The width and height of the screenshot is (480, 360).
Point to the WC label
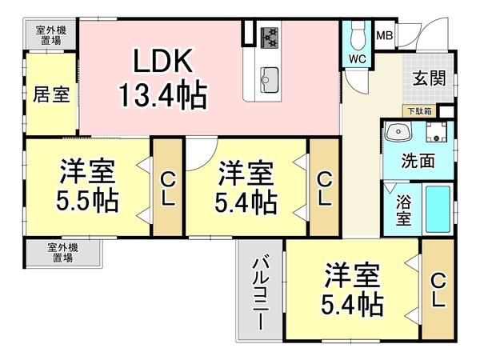coord(356,58)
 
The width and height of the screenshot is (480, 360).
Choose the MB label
coord(385,35)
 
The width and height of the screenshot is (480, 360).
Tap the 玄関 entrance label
coord(429,78)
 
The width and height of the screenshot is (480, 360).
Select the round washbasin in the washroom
coord(395,132)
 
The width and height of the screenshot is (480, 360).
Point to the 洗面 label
coord(418,160)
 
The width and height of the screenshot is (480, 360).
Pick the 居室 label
coord(50,94)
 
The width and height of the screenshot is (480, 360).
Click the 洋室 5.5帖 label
coord(87,186)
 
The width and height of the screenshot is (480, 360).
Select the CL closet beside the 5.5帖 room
coord(167,187)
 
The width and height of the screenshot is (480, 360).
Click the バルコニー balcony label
coord(260,293)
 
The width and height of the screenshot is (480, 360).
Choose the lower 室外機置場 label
coord(62,253)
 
